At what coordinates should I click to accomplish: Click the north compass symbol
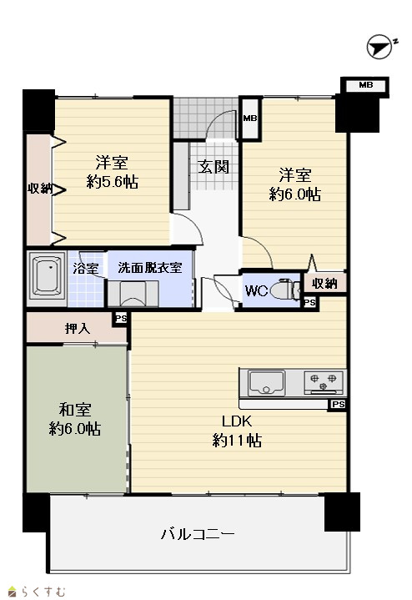pyautogui.click(x=379, y=48)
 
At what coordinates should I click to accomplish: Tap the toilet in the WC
pyautogui.click(x=285, y=291)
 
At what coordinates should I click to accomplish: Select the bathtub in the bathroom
pyautogui.click(x=47, y=276)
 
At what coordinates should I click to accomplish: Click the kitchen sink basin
pyautogui.click(x=267, y=383)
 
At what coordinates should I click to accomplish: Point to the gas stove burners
pyautogui.click(x=324, y=382)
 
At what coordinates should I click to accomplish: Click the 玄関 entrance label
pyautogui.click(x=214, y=166)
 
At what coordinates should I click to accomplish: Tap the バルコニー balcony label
pyautogui.click(x=198, y=533)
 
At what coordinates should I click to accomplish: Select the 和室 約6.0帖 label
pyautogui.click(x=75, y=420)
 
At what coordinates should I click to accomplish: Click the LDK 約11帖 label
pyautogui.click(x=237, y=431)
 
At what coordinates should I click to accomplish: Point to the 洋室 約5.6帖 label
pyautogui.click(x=112, y=172)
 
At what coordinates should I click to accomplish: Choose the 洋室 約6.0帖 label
pyautogui.click(x=295, y=184)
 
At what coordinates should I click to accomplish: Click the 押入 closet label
pyautogui.click(x=78, y=328)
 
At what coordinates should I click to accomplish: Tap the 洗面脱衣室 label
pyautogui.click(x=149, y=268)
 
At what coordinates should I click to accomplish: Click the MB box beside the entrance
pyautogui.click(x=250, y=118)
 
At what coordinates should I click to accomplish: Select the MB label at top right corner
pyautogui.click(x=365, y=85)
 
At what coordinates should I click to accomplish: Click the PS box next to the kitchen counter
pyautogui.click(x=338, y=404)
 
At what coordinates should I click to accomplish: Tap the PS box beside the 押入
pyautogui.click(x=121, y=319)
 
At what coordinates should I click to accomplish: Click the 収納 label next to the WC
pyautogui.click(x=324, y=284)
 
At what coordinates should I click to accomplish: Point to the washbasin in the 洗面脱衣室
pyautogui.click(x=133, y=294)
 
